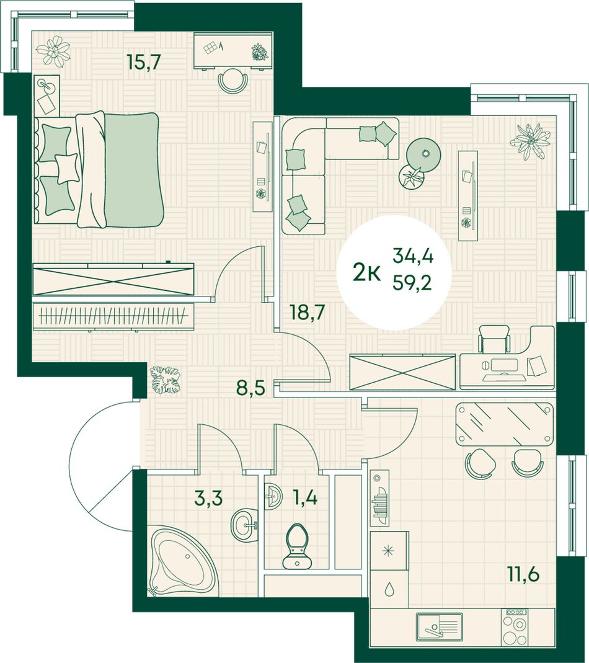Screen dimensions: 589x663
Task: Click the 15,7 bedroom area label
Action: click(144, 63)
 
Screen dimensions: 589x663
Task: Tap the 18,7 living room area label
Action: click(307, 313)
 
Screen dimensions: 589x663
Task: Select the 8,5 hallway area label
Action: click(250, 386)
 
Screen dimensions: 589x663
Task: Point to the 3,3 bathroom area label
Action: click(208, 497)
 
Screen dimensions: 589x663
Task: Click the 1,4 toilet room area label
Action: click(304, 497)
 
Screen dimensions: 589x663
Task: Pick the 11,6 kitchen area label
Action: click(523, 575)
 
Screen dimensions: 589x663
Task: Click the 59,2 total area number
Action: click(412, 282)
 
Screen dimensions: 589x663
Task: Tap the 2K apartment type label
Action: click(366, 274)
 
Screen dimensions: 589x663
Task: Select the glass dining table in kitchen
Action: click(505, 424)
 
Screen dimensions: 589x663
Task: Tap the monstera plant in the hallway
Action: click(166, 380)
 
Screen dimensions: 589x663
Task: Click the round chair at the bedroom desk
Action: click(233, 81)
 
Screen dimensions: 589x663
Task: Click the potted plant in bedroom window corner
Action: click(53, 51)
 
